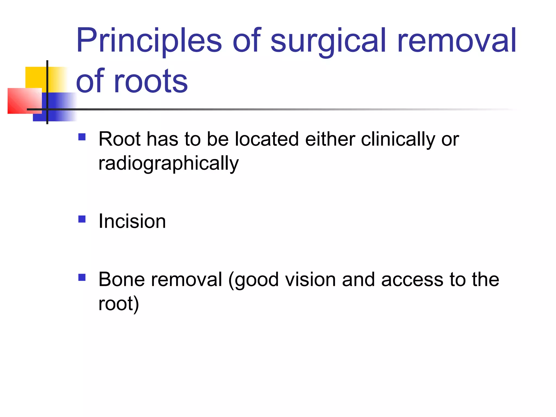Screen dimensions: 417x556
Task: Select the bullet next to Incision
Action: pyautogui.click(x=82, y=219)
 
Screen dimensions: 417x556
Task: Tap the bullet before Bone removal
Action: pyautogui.click(x=82, y=277)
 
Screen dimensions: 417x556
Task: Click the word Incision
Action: pyautogui.click(x=132, y=221)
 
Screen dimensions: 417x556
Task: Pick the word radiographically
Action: pyautogui.click(x=168, y=164)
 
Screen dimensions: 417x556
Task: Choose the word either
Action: pyautogui.click(x=330, y=140)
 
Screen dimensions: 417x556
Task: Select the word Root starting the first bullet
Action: pyautogui.click(x=119, y=140)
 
